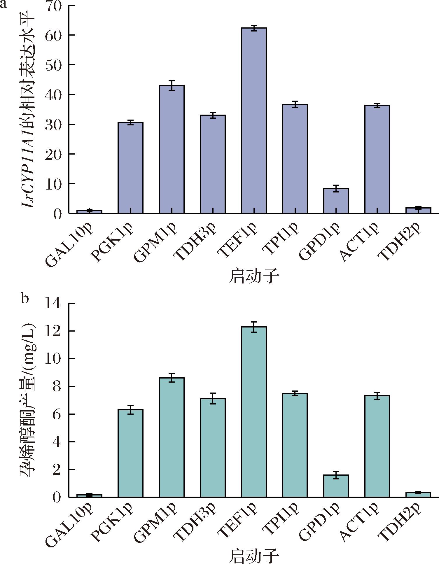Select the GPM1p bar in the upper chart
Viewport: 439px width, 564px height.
point(172,149)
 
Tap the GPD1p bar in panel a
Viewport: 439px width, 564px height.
point(336,201)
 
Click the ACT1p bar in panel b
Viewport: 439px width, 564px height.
point(377,446)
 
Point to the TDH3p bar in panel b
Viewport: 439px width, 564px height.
point(213,448)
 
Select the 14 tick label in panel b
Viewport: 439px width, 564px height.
point(53,304)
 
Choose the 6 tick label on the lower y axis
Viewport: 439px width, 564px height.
point(57,414)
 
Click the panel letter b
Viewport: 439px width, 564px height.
point(25,298)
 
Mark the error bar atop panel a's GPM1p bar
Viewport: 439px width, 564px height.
point(172,85)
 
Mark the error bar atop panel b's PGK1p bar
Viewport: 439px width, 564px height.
point(130,410)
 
